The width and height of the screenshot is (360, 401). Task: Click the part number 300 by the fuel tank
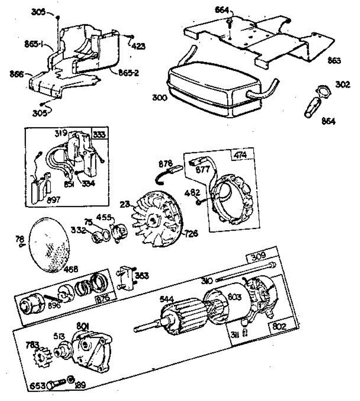coord(159,98)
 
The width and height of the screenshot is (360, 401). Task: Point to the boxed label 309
coord(258,256)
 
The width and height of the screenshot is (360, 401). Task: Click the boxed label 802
coord(279,326)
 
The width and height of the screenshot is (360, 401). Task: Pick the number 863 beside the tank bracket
coord(334,60)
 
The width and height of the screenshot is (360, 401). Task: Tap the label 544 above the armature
coord(167,298)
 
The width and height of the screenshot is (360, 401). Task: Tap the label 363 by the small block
coord(141,276)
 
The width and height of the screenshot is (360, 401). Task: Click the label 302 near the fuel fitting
coord(343,84)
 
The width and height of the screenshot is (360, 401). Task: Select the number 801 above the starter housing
coord(83,325)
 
